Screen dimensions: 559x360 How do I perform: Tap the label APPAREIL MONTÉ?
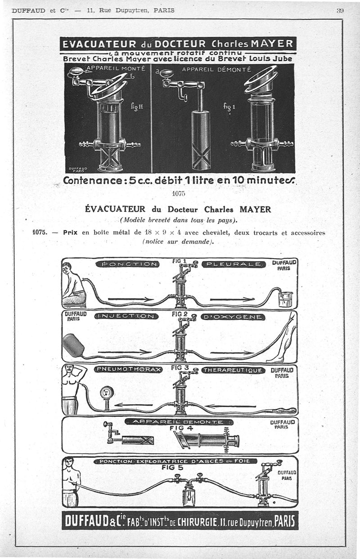pyautogui.click(x=116, y=68)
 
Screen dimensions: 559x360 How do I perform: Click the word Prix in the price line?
pyautogui.click(x=71, y=233)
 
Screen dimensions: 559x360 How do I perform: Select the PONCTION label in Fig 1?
pyautogui.click(x=127, y=264)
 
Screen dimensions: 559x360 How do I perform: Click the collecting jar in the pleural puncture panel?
pyautogui.click(x=285, y=299)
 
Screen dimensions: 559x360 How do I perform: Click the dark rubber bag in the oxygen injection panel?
pyautogui.click(x=72, y=345)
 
